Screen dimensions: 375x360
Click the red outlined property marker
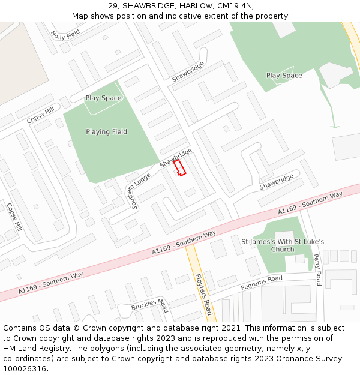(179, 167)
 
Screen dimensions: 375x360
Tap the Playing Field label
(106, 132)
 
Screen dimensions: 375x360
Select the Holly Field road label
(65, 35)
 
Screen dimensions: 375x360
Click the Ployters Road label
(204, 295)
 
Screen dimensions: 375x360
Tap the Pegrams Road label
(261, 283)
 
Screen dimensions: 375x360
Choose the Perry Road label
(317, 269)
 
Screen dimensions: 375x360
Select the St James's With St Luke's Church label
(283, 245)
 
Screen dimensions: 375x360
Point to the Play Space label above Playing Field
(103, 98)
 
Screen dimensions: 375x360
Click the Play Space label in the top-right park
(284, 76)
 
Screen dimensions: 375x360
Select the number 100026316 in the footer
(24, 368)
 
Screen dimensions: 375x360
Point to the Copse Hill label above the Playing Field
(40, 115)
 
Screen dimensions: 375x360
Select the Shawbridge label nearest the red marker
(175, 157)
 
